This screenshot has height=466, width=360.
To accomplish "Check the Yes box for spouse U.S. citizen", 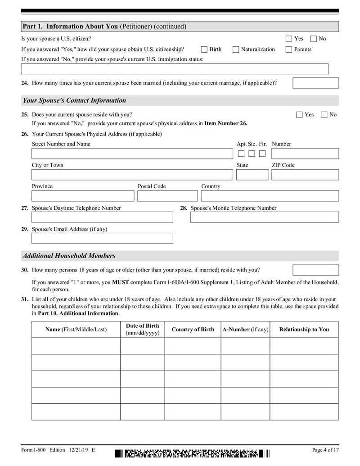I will pyautogui.click(x=289, y=39).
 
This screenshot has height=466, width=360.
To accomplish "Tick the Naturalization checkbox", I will pyautogui.click(x=236, y=50).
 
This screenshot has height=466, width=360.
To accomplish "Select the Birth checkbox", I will pyautogui.click(x=204, y=50).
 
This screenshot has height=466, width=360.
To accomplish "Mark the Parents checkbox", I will pyautogui.click(x=289, y=50).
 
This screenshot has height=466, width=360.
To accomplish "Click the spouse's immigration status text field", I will pyautogui.click(x=175, y=69).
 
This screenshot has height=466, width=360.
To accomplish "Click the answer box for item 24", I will pyautogui.click(x=315, y=83).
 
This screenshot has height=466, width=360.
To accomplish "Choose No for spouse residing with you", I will pyautogui.click(x=324, y=115).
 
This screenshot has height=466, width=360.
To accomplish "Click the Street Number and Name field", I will pyautogui.click(x=132, y=154).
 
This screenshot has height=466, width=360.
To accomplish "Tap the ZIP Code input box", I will pyautogui.click(x=305, y=175).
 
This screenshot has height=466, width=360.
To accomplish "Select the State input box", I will pyautogui.click(x=252, y=175).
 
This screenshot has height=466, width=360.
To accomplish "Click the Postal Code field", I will pyautogui.click(x=167, y=196).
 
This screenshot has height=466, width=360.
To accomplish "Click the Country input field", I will pyautogui.click(x=270, y=196).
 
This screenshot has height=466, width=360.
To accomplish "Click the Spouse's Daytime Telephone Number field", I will pyautogui.click(x=102, y=217).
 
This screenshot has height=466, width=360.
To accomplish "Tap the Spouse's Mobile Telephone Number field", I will pyautogui.click(x=264, y=217).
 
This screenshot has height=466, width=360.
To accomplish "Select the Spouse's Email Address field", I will pyautogui.click(x=102, y=238).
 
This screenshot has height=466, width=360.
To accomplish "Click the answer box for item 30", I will pyautogui.click(x=315, y=270).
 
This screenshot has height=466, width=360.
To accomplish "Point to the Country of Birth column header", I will pyautogui.click(x=193, y=330).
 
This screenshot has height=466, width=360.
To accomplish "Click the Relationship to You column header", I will pyautogui.click(x=304, y=330).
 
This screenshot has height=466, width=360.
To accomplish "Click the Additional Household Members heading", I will pyautogui.click(x=69, y=256).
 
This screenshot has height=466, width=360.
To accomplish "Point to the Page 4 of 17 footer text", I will pyautogui.click(x=325, y=450).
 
